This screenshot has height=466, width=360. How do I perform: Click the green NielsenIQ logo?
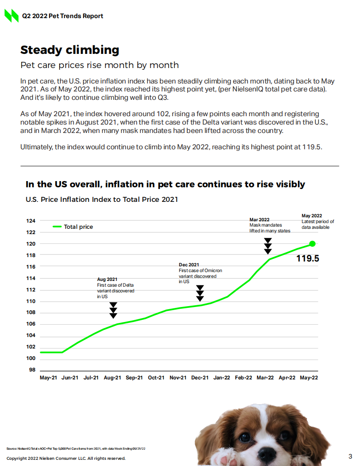[11, 16]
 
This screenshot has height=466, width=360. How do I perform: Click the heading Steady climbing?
[70, 50]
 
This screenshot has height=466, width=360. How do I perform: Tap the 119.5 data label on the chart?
[307, 259]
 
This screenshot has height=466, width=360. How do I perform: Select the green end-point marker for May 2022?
[312, 243]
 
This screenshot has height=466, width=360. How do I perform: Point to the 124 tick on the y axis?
[32, 220]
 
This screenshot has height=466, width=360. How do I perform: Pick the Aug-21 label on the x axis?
[113, 378]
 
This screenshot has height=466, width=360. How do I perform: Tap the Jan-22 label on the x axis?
[221, 378]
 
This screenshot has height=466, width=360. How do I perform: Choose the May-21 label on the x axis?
[48, 378]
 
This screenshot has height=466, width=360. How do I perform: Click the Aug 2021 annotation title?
[107, 279]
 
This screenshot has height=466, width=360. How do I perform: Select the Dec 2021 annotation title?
[189, 265]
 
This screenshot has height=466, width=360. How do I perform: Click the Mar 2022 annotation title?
[259, 220]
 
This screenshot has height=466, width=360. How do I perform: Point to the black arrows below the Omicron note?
[200, 293]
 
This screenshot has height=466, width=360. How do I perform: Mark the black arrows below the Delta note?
[114, 310]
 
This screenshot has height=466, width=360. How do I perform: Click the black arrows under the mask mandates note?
[268, 246]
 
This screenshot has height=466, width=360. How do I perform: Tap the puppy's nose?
[267, 454]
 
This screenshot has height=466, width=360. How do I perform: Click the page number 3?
[350, 456]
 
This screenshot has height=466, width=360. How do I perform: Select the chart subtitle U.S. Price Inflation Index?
[102, 200]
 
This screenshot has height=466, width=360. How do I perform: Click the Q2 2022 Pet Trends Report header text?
[63, 16]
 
